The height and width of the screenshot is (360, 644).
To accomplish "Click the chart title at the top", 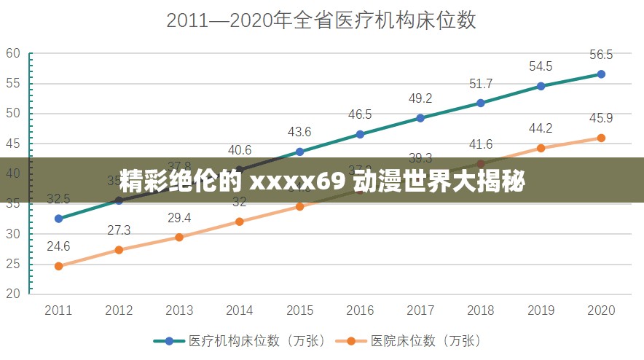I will (321, 20).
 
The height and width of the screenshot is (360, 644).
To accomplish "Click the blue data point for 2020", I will (601, 74).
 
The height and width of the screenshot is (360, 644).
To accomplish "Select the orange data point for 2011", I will (58, 266).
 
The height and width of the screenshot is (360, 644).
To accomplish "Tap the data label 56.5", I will (601, 55).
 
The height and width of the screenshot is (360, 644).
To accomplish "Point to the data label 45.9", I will (601, 118).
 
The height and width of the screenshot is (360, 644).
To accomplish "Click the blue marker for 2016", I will (360, 134).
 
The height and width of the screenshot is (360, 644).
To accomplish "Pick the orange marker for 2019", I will (541, 148).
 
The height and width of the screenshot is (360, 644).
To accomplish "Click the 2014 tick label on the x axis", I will (240, 310).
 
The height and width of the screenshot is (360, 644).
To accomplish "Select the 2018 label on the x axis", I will (480, 310).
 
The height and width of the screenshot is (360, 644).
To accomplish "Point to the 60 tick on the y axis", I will (13, 52).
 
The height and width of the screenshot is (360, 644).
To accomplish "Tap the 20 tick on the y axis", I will (13, 294).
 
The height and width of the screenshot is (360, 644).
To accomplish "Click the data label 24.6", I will (58, 246).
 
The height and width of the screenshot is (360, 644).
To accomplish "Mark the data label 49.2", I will (420, 98).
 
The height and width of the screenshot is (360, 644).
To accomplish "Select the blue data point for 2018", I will (480, 103).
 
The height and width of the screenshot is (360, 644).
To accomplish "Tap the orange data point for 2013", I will (179, 237).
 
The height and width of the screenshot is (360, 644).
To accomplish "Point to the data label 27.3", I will (119, 230).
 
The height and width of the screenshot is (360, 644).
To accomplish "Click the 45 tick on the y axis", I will (13, 143).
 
